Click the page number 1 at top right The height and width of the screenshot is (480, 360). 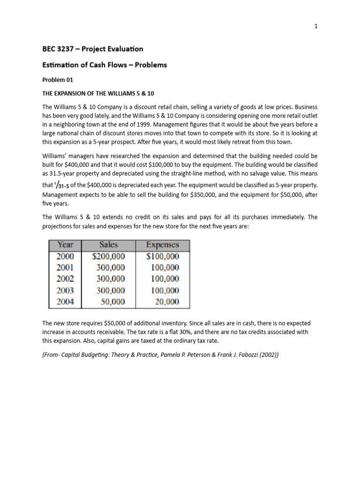point(316,27)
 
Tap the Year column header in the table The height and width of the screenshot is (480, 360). point(66,245)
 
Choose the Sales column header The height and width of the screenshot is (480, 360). point(109,245)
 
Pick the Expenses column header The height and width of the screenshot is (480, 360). point(162,245)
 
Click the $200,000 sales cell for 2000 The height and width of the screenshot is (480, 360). point(109,256)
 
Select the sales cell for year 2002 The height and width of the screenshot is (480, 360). point(111,279)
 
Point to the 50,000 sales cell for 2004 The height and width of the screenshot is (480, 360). point(113,302)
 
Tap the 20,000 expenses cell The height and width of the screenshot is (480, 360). point(167,302)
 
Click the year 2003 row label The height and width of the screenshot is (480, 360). point(66,291)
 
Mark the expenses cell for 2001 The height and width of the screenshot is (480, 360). point(165,268)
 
